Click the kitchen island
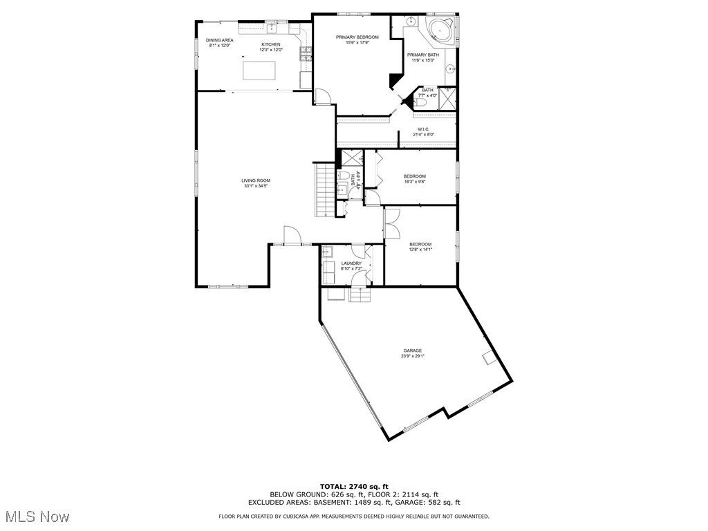258,71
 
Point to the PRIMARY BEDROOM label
357,37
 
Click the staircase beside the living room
324,189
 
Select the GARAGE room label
413,351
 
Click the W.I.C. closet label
424,129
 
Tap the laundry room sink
328,252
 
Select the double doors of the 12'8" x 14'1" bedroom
391,222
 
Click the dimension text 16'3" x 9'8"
415,182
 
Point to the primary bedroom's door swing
322,97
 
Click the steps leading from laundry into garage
360,295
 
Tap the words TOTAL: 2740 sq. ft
354,487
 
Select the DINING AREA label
219,40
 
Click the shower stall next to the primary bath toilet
447,100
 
